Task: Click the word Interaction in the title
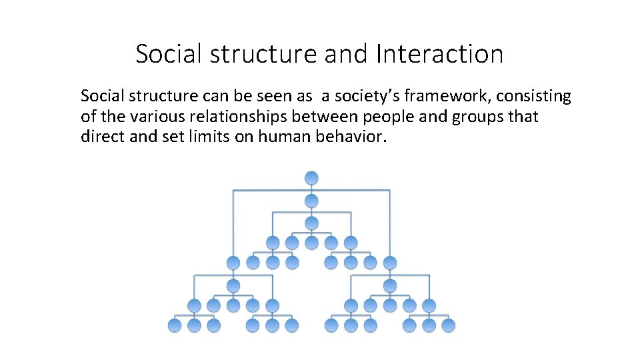pos(439,54)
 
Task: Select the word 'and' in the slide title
pos(347,54)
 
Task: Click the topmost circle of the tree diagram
pos(311,178)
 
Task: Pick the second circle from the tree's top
pos(311,200)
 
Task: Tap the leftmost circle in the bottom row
pos(175,325)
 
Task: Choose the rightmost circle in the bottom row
pos(449,325)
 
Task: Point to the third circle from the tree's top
pos(311,223)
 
